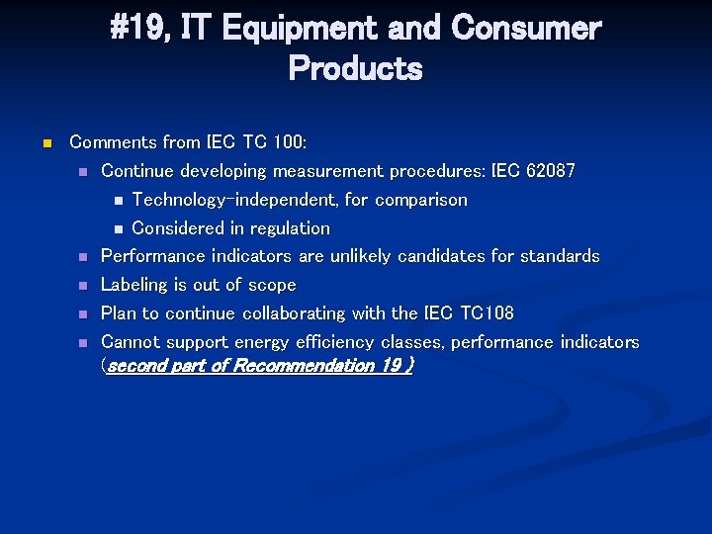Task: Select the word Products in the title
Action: coord(355,69)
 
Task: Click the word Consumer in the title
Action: coord(525,29)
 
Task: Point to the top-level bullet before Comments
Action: coord(45,144)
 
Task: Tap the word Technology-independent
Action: coord(234,200)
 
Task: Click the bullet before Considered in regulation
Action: coord(116,229)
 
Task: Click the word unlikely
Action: coord(360,256)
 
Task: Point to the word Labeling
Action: coord(134,285)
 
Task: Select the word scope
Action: coord(272,285)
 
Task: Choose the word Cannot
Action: coord(131,342)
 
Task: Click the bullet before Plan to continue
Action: coord(84,314)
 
